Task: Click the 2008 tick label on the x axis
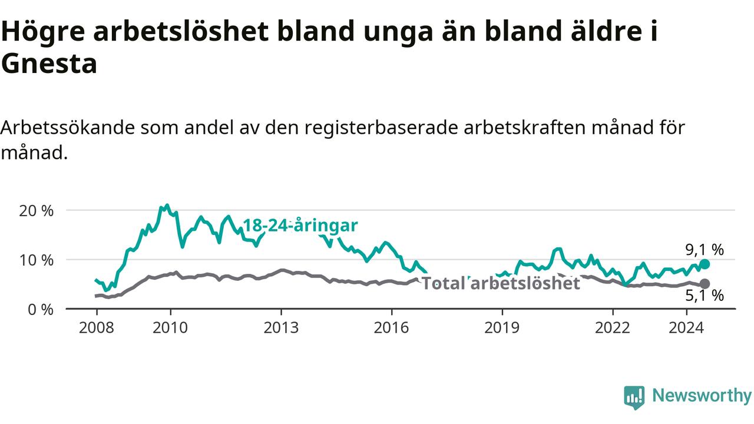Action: click(96, 328)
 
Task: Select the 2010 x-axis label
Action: click(170, 328)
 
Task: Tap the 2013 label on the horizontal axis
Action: click(281, 328)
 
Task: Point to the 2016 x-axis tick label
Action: click(392, 328)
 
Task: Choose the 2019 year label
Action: click(502, 328)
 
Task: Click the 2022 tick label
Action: click(613, 328)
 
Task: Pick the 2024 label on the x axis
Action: click(686, 328)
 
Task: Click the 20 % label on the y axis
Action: click(37, 211)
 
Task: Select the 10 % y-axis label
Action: click(37, 260)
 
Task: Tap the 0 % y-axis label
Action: click(41, 310)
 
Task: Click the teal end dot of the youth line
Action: click(705, 264)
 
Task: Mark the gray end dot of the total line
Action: click(705, 284)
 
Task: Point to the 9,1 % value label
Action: click(705, 250)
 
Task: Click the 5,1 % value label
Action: click(705, 296)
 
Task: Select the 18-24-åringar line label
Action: click(300, 226)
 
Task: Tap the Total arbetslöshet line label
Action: click(501, 283)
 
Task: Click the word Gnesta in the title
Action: click(49, 64)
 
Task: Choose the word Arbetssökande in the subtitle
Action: click(67, 128)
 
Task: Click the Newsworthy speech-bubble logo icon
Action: click(634, 397)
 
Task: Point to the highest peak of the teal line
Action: click(167, 205)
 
